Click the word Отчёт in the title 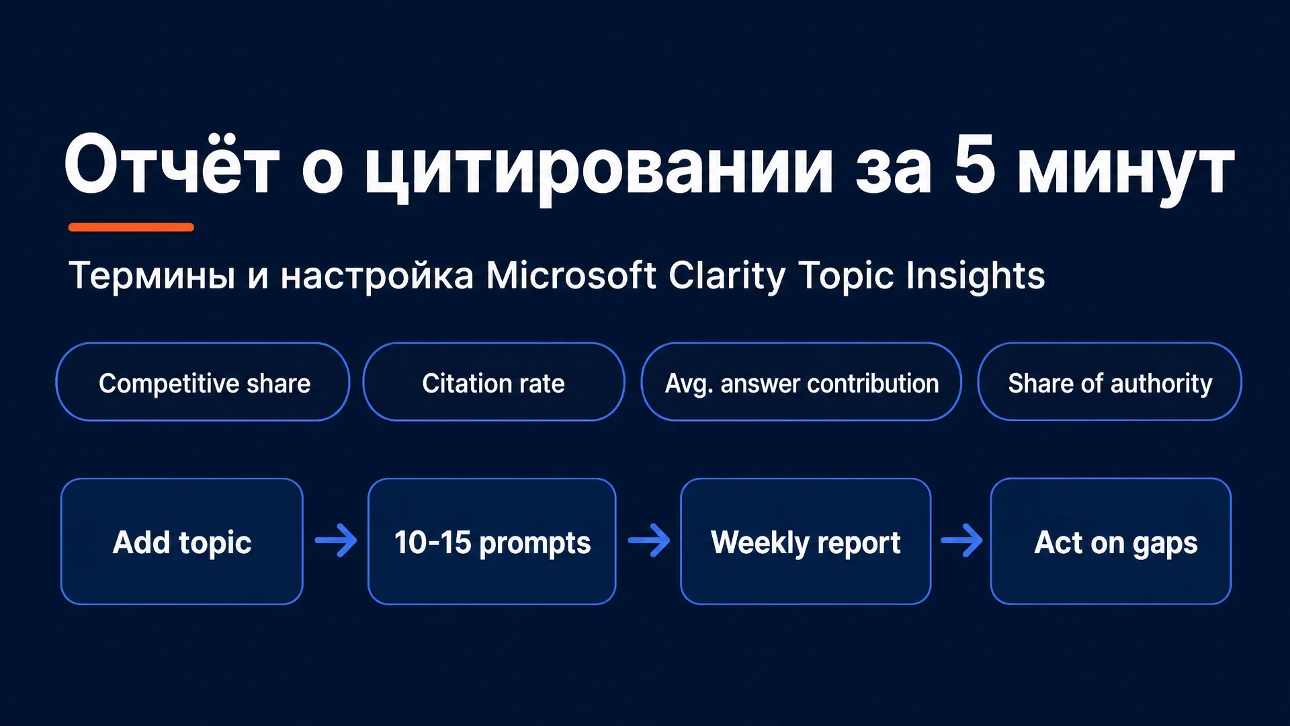pyautogui.click(x=171, y=165)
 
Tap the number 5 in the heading pyautogui.click(x=974, y=163)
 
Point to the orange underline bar pyautogui.click(x=131, y=227)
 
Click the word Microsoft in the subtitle pyautogui.click(x=570, y=275)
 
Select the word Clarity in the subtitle pyautogui.click(x=726, y=276)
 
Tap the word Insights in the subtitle pyautogui.click(x=975, y=276)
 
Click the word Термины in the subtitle pyautogui.click(x=152, y=276)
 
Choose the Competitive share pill pyautogui.click(x=203, y=382)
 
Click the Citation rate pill pyautogui.click(x=494, y=382)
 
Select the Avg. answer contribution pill pyautogui.click(x=802, y=382)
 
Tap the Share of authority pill pyautogui.click(x=1110, y=382)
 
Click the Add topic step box pyautogui.click(x=182, y=541)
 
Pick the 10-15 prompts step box pyautogui.click(x=492, y=541)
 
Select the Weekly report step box pyautogui.click(x=806, y=541)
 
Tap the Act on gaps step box pyautogui.click(x=1111, y=541)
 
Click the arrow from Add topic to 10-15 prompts pyautogui.click(x=336, y=540)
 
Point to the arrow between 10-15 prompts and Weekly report pyautogui.click(x=649, y=540)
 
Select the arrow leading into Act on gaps pyautogui.click(x=961, y=540)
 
